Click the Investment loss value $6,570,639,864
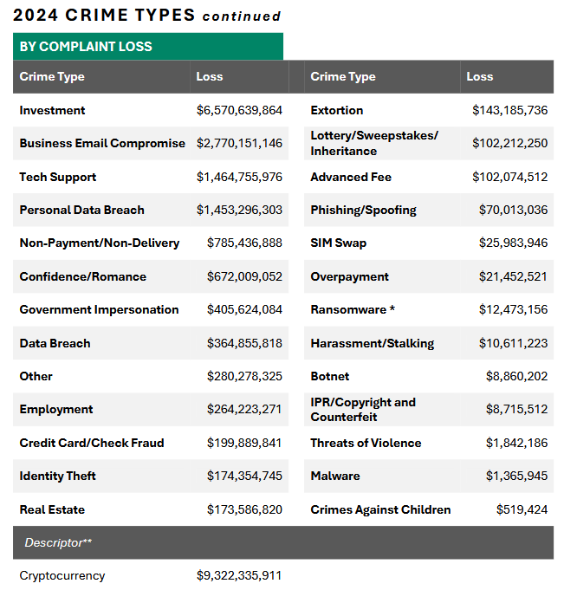239,110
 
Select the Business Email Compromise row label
102,143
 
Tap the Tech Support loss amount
239,177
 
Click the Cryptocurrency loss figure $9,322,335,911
239,575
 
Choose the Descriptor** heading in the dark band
58,542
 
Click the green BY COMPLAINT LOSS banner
147,47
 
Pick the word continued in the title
242,16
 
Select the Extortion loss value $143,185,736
509,110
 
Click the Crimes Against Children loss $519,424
522,509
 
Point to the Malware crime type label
334,476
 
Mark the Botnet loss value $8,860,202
516,376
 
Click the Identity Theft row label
57,476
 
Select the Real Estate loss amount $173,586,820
244,509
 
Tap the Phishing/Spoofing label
363,210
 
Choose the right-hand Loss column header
479,76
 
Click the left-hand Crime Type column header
52,76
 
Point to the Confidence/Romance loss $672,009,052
244,276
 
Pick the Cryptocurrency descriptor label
62,575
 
